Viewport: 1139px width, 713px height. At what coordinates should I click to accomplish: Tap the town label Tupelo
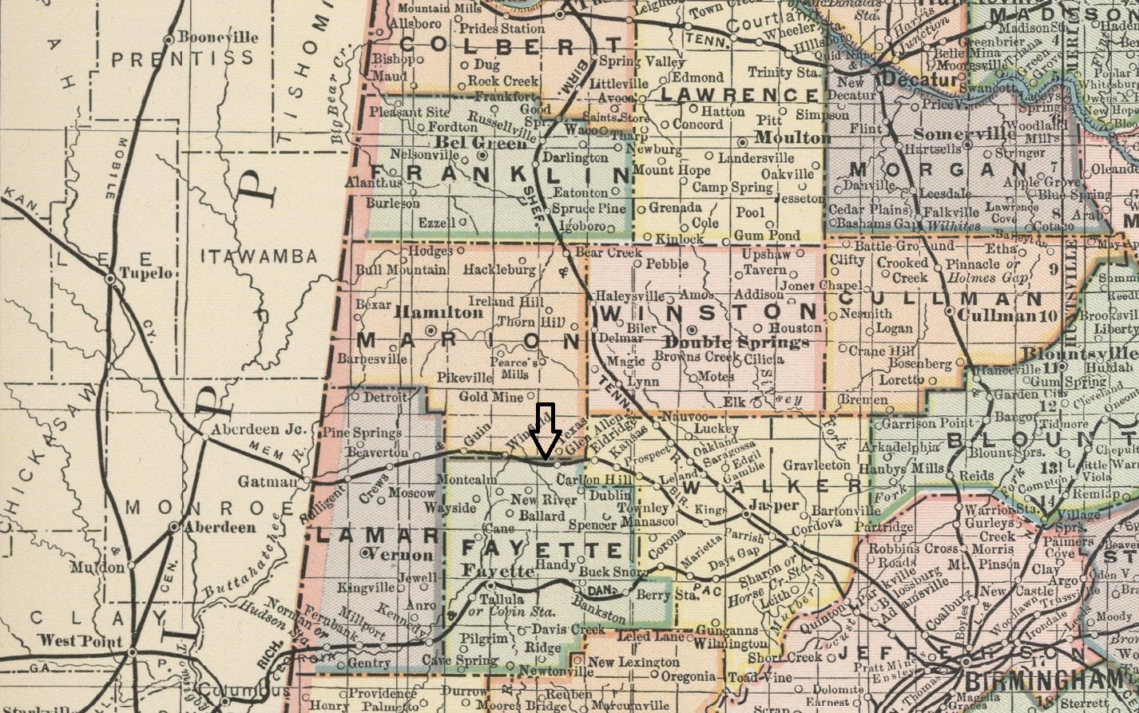coord(146,273)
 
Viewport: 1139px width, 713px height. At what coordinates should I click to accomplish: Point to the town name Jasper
coord(775,505)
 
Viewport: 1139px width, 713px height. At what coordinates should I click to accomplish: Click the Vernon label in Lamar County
coord(403,554)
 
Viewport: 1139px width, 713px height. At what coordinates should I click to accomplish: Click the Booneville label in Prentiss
coord(218,37)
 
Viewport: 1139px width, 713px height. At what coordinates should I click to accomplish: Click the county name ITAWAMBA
coord(259,256)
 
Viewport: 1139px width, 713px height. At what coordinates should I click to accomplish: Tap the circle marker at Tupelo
coord(110,279)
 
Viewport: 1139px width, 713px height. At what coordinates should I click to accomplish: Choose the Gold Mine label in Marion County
coord(490,397)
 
